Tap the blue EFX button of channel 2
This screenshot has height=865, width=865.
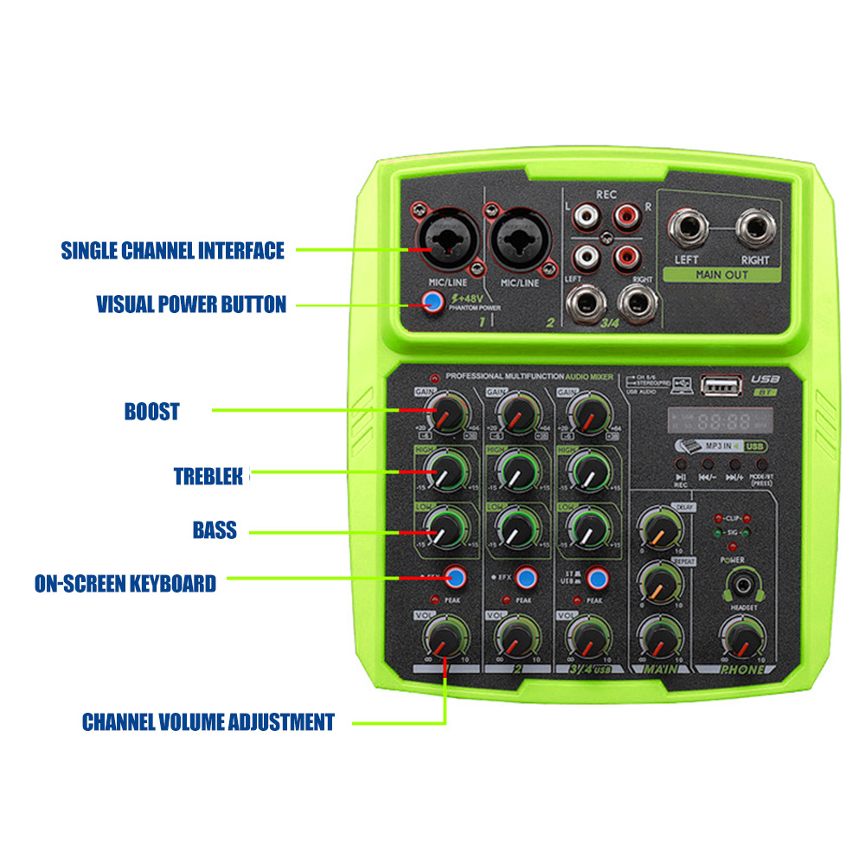(x=524, y=576)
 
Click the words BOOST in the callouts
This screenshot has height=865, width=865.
(x=151, y=411)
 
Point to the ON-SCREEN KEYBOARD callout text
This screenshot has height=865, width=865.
(x=125, y=583)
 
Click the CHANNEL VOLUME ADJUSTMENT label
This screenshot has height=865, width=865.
(x=208, y=721)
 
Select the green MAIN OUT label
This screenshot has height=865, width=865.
(x=721, y=275)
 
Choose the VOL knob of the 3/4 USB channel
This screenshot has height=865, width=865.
(x=587, y=638)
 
